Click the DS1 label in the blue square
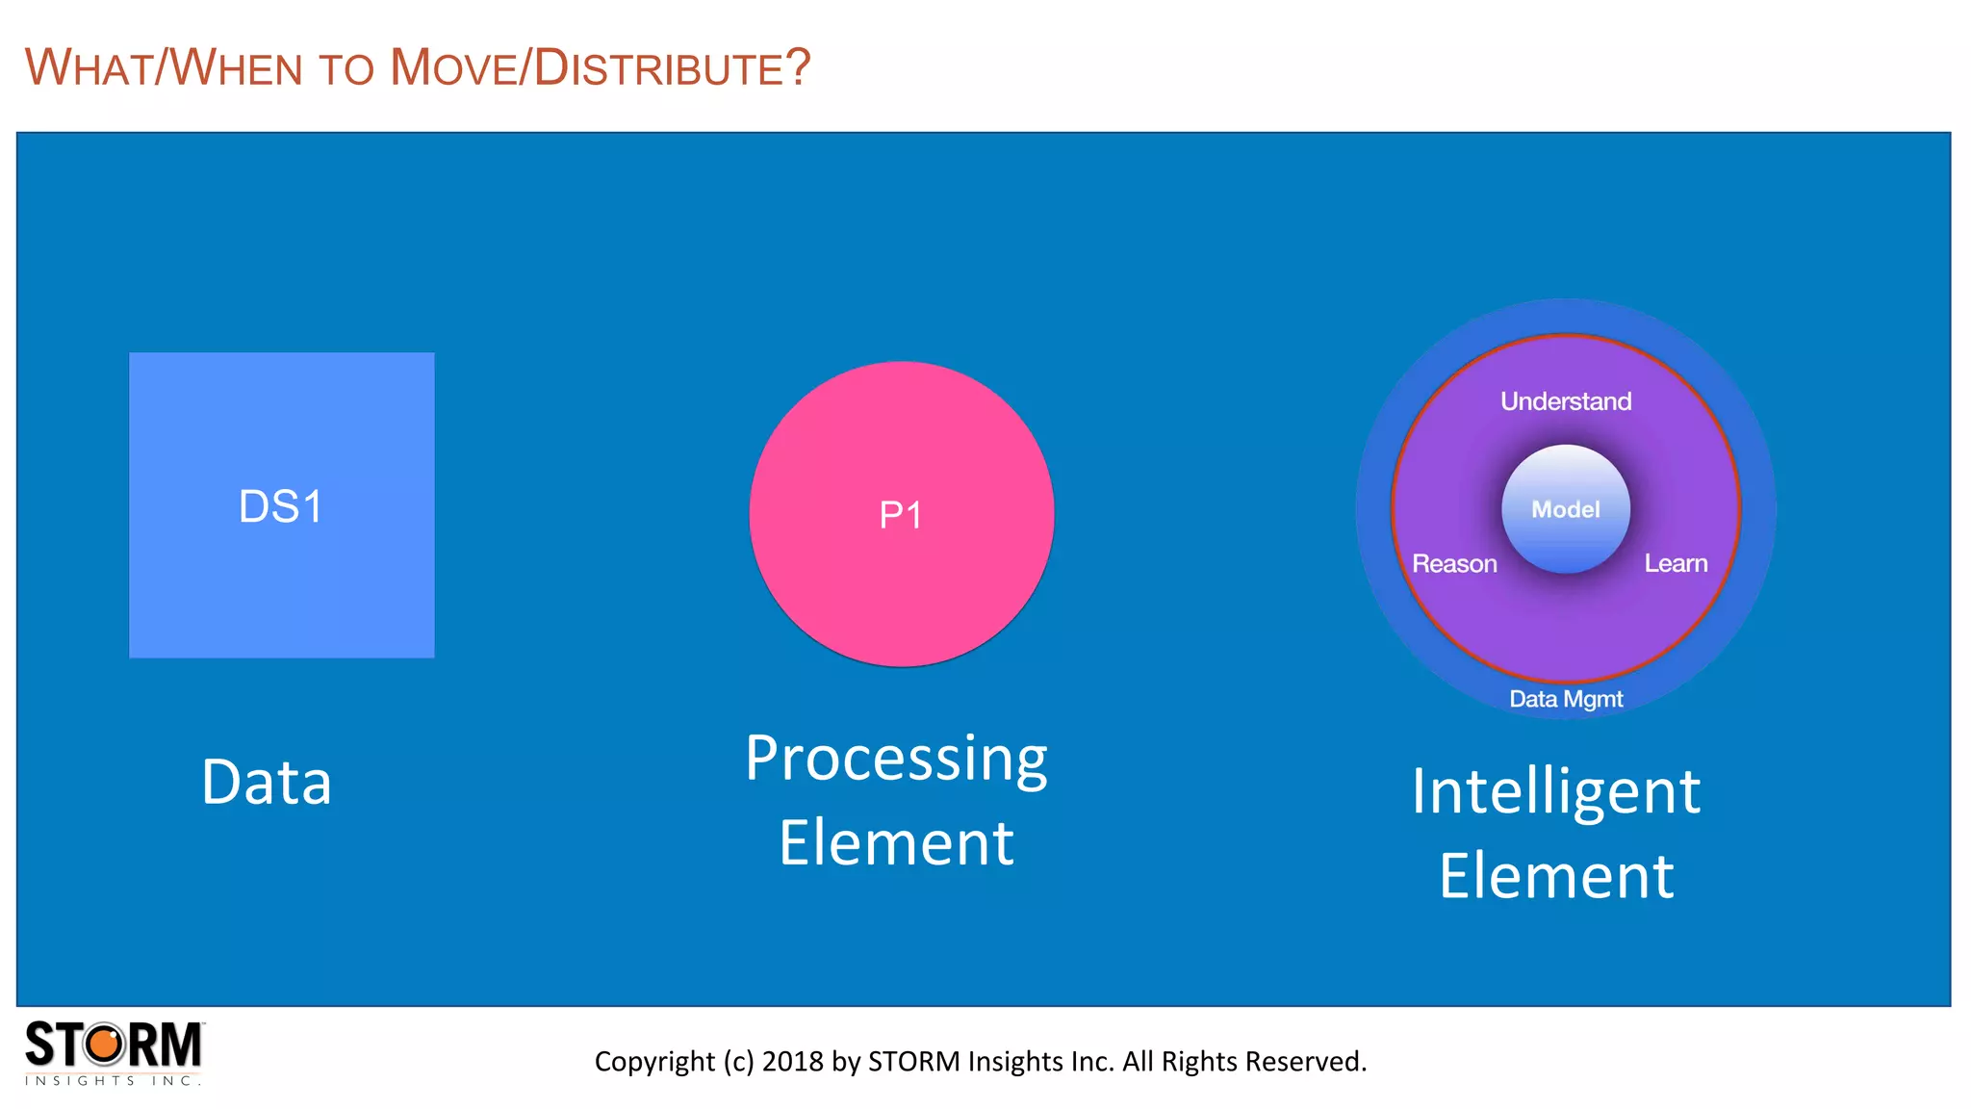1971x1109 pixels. (280, 506)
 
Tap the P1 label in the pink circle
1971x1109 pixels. (901, 515)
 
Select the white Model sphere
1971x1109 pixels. (1566, 508)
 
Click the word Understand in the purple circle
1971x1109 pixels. (1566, 400)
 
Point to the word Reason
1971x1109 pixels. (1454, 563)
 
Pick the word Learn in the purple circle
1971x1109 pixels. (1676, 563)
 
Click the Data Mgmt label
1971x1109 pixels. (1566, 699)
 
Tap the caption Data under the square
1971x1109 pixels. (267, 782)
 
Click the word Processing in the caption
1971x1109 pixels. (896, 759)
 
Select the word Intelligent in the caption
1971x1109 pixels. (1556, 791)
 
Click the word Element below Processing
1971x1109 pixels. (896, 843)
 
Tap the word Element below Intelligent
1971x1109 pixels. (1556, 876)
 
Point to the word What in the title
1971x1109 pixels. (89, 68)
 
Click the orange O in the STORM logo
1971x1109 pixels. (106, 1045)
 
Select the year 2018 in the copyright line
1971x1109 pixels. (793, 1061)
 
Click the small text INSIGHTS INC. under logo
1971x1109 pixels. (113, 1081)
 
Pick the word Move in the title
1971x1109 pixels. (452, 68)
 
